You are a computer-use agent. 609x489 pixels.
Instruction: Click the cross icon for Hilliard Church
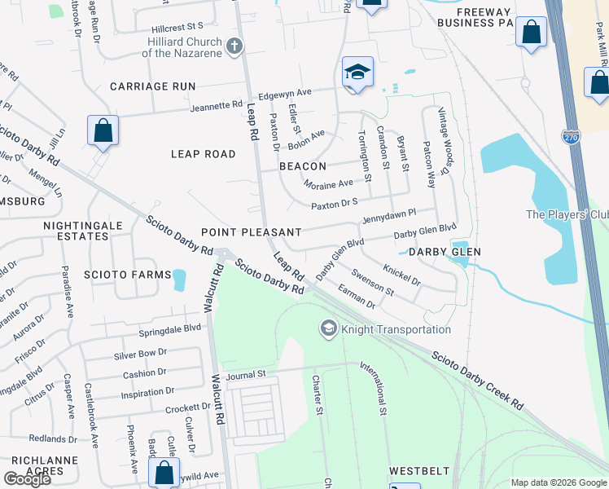[234, 46]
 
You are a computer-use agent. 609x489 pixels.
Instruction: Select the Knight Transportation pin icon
[328, 328]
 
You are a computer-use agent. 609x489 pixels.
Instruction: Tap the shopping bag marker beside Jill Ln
[103, 130]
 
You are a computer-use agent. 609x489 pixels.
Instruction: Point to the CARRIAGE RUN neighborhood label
[153, 86]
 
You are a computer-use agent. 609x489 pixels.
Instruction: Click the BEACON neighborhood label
[303, 165]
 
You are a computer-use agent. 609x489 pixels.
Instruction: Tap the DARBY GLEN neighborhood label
[445, 252]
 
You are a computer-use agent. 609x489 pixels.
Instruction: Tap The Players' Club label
[567, 215]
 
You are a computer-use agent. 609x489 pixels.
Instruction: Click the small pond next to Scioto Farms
[179, 280]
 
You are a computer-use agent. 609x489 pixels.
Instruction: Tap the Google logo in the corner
[27, 478]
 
